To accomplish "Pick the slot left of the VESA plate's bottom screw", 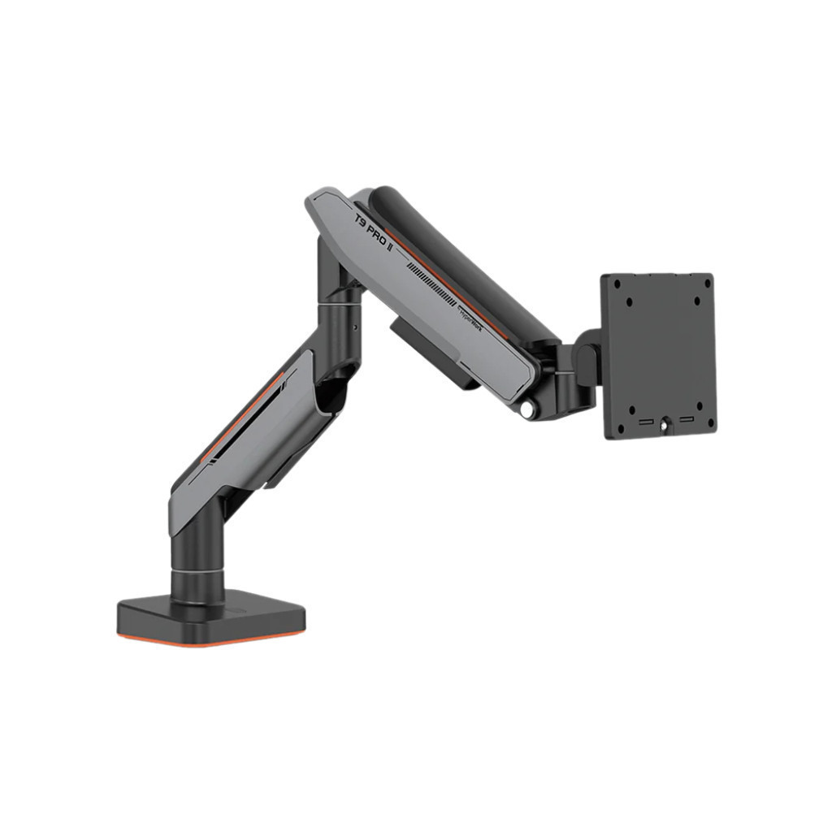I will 645,422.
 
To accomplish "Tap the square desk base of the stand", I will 211,614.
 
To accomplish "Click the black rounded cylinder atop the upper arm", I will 463,260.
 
